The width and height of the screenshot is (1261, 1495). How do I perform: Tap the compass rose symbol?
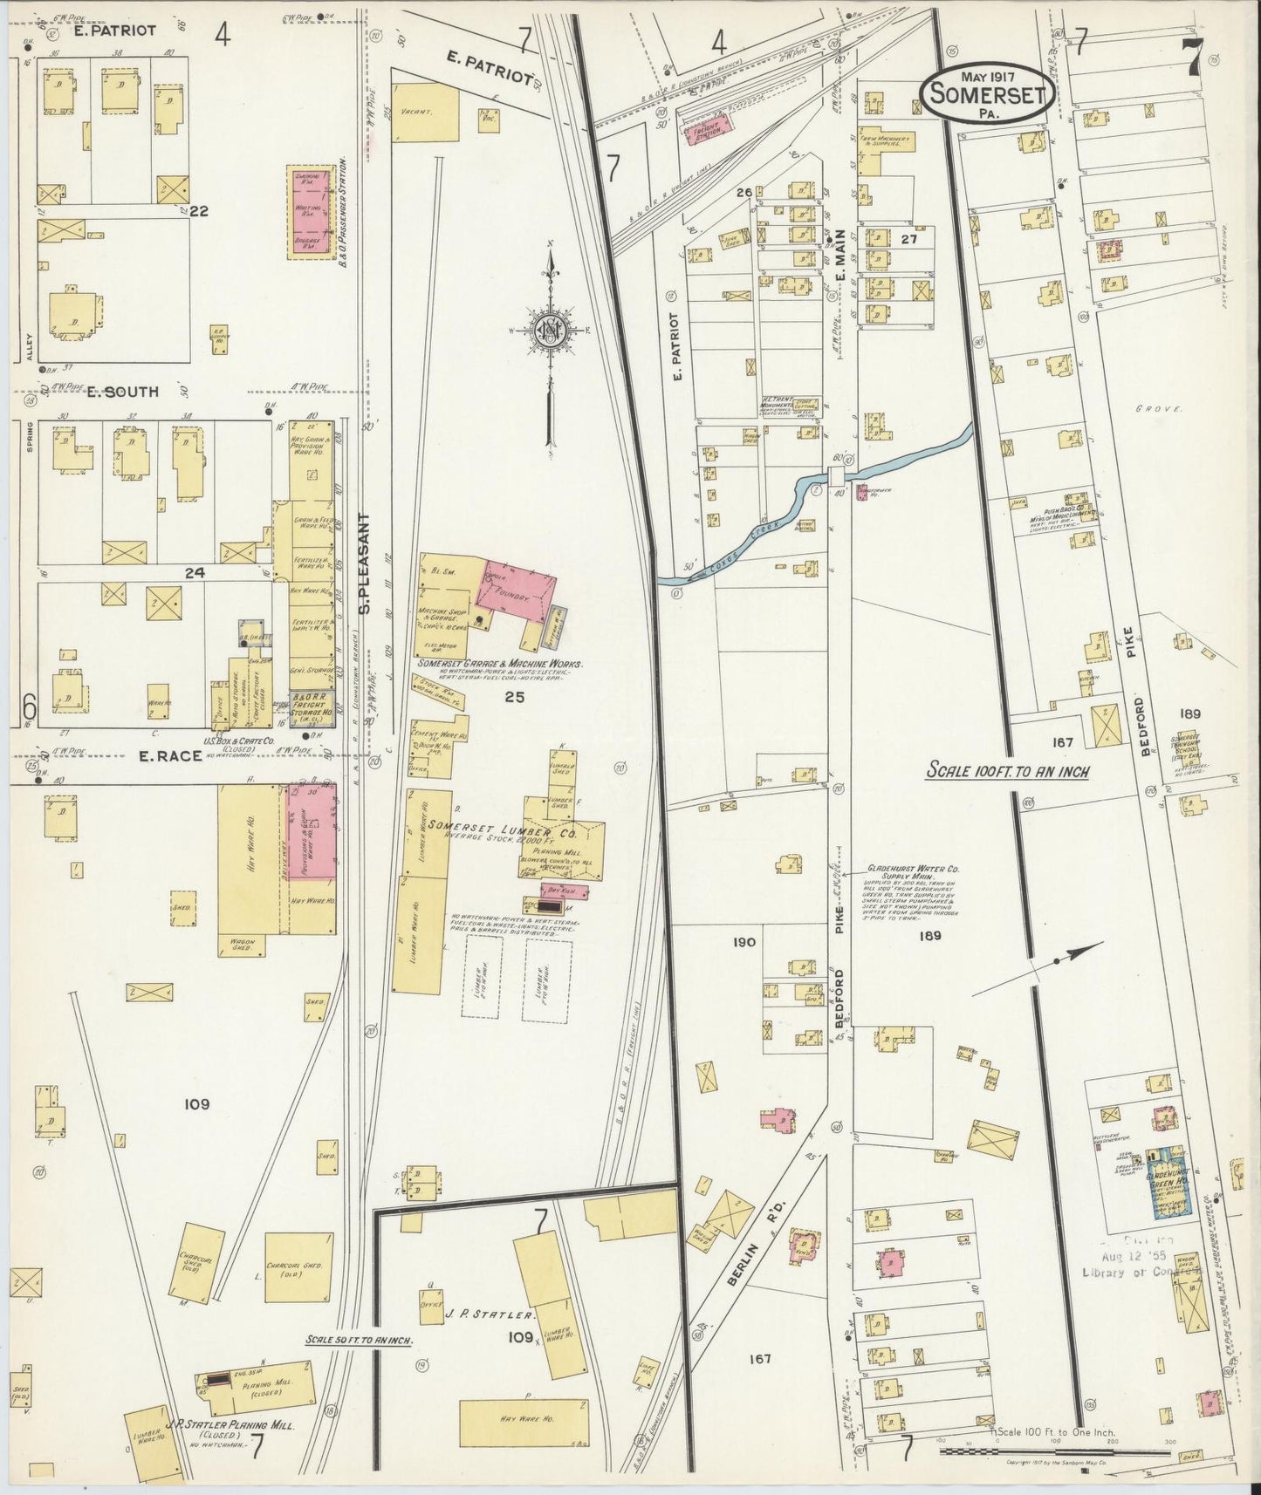tap(550, 331)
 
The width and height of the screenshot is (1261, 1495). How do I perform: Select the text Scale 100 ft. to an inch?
tap(1007, 772)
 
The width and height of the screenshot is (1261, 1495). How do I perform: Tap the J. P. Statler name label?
tap(490, 1314)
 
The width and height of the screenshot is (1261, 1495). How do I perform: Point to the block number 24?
tap(194, 573)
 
